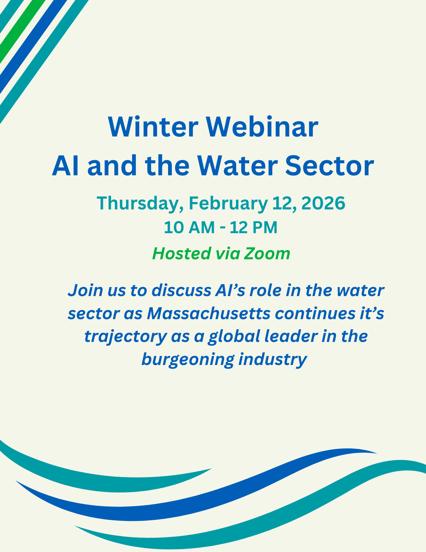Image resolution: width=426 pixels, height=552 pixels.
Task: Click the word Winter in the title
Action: point(153,127)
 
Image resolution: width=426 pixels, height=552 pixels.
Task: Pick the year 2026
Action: point(323,203)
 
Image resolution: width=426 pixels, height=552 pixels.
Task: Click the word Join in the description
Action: point(85,290)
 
